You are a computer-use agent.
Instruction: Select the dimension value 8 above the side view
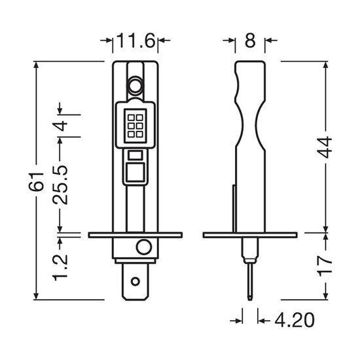point(249,42)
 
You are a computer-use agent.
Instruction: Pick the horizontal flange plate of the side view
point(249,234)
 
